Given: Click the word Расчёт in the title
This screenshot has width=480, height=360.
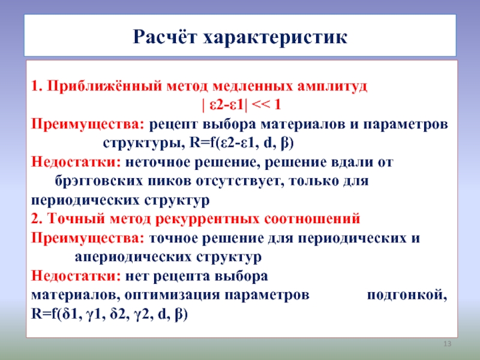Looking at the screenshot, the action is tap(164, 37).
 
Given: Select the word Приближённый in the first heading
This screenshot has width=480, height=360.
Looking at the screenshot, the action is tap(104, 86).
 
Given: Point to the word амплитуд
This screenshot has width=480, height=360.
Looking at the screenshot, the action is tap(332, 86).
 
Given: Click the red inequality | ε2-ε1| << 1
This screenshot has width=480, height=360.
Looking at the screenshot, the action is tap(241, 105).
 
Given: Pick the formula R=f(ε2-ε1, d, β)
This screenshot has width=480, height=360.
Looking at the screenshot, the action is tap(242, 143).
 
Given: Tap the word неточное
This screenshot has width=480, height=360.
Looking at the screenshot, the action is tap(158, 162).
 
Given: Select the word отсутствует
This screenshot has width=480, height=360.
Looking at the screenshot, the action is tap(238, 181).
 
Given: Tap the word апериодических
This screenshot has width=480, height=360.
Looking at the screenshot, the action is tap(133, 257).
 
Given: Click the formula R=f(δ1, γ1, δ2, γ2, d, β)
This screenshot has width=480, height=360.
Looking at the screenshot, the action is tap(109, 314).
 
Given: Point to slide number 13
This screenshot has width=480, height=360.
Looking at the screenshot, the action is tap(447, 344).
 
